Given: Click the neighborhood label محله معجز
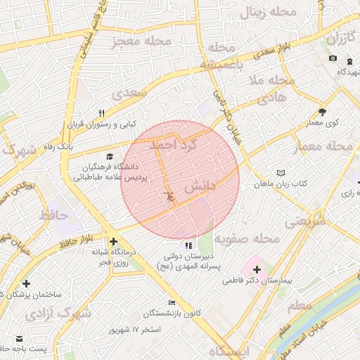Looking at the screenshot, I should point(142,41).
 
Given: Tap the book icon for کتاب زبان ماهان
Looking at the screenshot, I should point(282,172).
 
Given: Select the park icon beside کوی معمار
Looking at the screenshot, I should point(323,111).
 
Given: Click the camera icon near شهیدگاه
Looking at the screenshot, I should point(333,58).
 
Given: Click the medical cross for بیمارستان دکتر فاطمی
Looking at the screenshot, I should point(257,269).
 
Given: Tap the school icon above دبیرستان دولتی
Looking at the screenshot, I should point(188,245).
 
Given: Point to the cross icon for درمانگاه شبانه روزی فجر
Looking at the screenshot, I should point(113,241).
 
